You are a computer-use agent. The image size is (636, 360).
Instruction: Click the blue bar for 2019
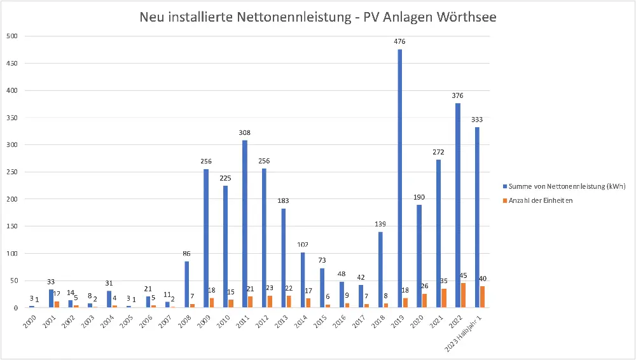(x=400, y=178)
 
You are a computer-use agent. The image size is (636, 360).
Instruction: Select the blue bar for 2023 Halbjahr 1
(x=477, y=217)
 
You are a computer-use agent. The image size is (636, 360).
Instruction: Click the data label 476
(x=399, y=42)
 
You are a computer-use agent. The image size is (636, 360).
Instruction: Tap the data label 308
(x=245, y=133)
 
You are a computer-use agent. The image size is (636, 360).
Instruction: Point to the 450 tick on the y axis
(x=12, y=64)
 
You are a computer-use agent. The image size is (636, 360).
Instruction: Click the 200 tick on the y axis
(x=12, y=199)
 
